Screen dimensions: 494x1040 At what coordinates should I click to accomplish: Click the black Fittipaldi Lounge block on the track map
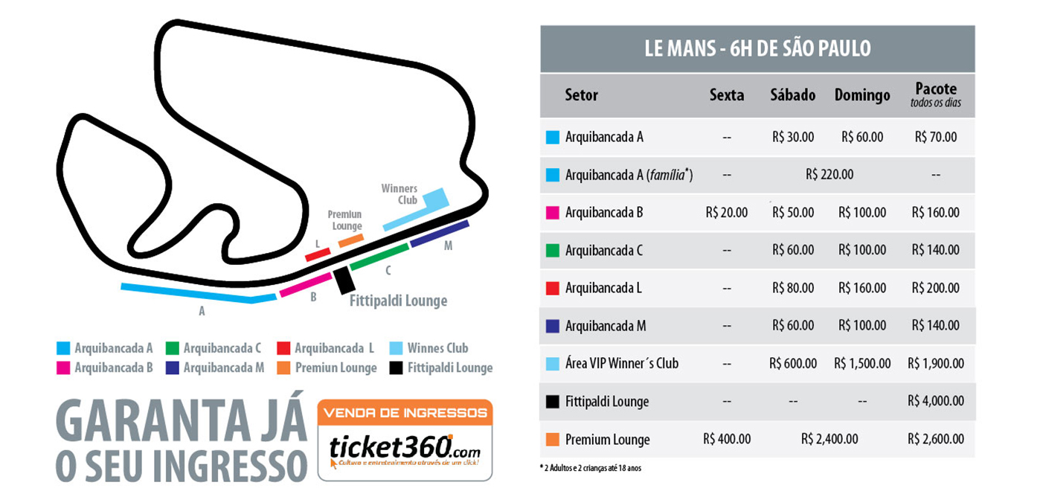(343, 280)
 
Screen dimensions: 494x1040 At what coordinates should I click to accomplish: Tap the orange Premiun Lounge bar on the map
(351, 240)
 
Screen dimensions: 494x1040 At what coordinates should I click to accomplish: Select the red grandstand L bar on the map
(318, 254)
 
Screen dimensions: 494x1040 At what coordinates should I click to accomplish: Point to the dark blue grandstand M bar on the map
(440, 233)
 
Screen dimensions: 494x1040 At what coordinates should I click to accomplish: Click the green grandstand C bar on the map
(379, 256)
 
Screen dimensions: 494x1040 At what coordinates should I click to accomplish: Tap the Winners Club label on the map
(399, 194)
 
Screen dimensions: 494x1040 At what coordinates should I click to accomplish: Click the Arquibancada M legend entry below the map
(216, 368)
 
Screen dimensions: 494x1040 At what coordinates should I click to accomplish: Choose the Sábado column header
(793, 95)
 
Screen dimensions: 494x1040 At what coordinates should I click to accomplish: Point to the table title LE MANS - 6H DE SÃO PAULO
(757, 49)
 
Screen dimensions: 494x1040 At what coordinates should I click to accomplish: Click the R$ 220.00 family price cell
(829, 175)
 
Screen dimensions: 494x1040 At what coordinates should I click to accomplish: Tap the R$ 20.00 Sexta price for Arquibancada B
(727, 213)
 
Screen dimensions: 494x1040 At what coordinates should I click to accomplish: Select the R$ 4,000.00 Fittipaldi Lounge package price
(936, 401)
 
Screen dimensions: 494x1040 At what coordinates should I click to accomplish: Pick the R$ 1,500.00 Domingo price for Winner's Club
(862, 364)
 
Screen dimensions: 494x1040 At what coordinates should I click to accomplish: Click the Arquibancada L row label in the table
(603, 288)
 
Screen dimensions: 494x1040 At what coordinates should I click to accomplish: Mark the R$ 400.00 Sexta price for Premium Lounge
(727, 439)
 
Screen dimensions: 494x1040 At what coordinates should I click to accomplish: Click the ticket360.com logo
(405, 449)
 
